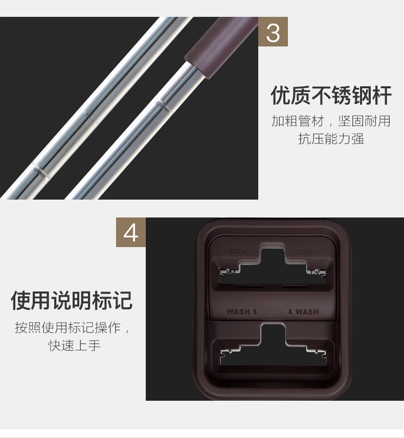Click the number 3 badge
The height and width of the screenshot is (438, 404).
273,32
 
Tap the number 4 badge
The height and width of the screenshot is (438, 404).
131,232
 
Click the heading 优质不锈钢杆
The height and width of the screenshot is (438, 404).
331,95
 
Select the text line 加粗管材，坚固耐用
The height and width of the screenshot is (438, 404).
331,121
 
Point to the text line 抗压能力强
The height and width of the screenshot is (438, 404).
331,138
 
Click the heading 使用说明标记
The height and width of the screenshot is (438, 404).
72,300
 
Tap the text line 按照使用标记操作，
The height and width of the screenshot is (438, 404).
72,327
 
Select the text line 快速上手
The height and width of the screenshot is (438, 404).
75,346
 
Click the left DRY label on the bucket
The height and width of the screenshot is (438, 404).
237,251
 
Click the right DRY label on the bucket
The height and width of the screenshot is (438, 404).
307,251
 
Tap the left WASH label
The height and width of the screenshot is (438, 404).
238,311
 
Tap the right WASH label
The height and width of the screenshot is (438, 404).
307,311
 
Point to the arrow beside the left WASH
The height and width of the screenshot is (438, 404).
255,312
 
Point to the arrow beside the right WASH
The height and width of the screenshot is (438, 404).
290,312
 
